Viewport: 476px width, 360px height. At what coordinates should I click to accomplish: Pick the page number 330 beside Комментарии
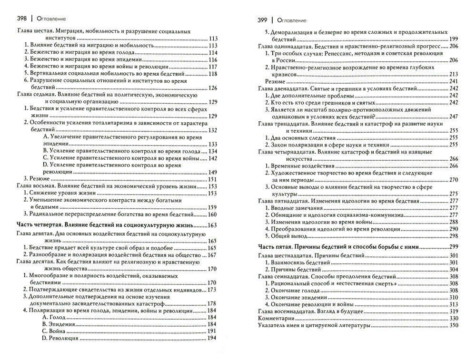[x=453, y=318]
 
